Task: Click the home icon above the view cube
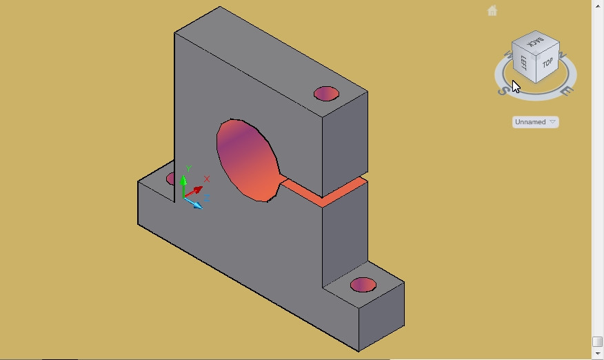492,11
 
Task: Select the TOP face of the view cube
547,63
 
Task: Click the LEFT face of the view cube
523,63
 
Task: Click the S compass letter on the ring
505,89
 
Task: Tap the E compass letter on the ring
565,91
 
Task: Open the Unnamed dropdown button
536,122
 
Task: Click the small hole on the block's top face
326,94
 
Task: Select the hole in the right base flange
363,285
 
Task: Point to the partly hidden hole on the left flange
170,179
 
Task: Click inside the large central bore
247,161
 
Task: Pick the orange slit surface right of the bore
324,192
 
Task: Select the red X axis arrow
196,190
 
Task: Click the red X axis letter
206,179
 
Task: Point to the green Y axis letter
188,169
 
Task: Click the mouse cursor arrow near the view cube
516,86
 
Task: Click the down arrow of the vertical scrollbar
598,354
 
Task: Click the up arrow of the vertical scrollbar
598,4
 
